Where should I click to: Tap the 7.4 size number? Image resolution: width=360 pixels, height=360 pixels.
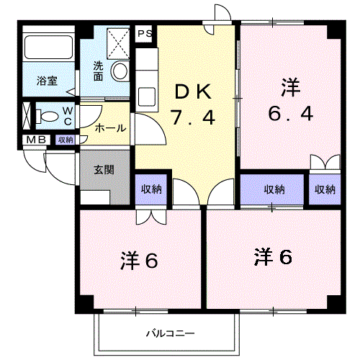tap(192, 117)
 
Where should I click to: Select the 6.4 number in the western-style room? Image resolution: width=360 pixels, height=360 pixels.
tap(291, 114)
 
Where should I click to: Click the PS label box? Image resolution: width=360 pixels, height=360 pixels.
tap(145, 33)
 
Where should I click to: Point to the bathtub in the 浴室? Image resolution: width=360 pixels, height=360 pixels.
tap(49, 48)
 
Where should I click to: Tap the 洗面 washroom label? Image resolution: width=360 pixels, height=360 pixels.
tap(99, 71)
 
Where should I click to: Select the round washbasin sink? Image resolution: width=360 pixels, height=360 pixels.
tap(120, 71)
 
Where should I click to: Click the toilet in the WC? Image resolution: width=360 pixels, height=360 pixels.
tap(49, 115)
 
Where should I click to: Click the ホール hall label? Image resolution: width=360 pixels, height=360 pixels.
tap(110, 128)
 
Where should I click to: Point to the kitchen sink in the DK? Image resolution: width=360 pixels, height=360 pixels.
tap(146, 94)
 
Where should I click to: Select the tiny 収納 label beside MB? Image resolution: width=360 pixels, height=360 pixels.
tap(65, 140)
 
